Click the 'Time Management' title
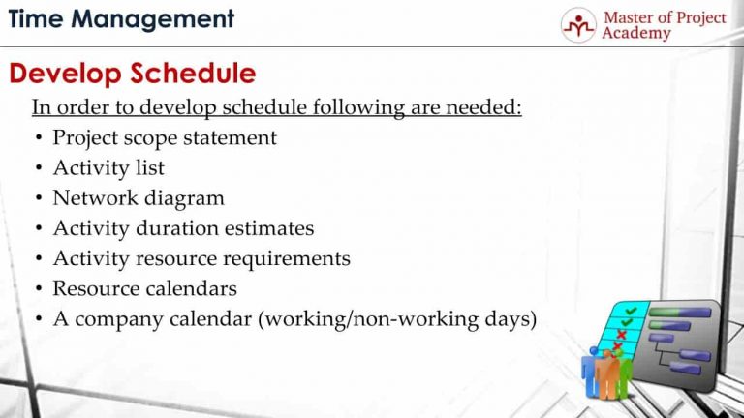pyautogui.click(x=121, y=18)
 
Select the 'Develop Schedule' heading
pyautogui.click(x=133, y=74)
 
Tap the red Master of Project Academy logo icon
pyautogui.click(x=578, y=25)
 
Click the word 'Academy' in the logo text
pyautogui.click(x=635, y=34)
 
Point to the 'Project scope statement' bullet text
pyautogui.click(x=165, y=137)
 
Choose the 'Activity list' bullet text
pyautogui.click(x=108, y=168)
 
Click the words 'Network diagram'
pyautogui.click(x=139, y=198)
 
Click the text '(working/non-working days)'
pyautogui.click(x=397, y=319)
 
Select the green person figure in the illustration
pyautogui.click(x=624, y=372)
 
